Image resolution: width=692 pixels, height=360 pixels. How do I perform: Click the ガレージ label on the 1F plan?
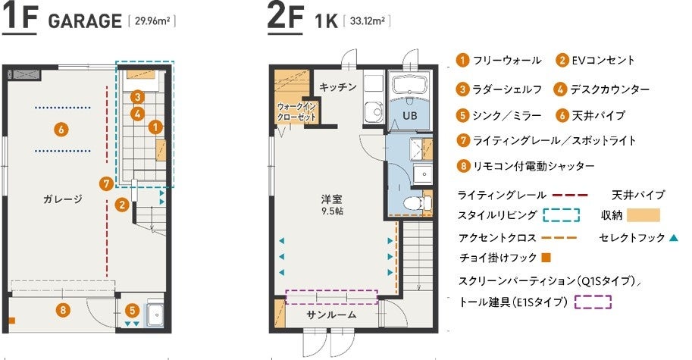tap(63, 199)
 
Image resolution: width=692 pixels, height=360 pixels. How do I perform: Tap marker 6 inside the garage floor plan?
tap(61, 130)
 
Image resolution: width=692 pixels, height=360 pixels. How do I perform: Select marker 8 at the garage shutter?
tap(63, 310)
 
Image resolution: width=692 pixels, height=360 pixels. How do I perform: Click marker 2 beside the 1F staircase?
tap(122, 205)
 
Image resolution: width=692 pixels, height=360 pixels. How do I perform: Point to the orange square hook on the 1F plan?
tap(12, 321)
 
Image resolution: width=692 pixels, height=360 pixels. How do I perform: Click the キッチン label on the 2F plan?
tap(337, 87)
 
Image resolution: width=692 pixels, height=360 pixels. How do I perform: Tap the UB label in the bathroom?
tap(409, 116)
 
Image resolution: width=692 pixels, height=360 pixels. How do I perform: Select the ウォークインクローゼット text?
tap(296, 112)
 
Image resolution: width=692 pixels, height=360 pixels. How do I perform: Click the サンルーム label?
tap(331, 315)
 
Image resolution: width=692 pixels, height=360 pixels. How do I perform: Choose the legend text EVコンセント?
tap(603, 60)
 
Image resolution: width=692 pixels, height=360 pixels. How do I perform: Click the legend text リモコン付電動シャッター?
tap(534, 166)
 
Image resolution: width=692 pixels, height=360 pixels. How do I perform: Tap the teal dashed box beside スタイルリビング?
tap(561, 215)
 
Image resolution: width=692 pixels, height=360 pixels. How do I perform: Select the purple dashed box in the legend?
tap(593, 302)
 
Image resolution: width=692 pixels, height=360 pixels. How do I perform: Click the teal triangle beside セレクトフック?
tap(674, 238)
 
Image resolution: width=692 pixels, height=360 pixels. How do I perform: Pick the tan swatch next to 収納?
tap(643, 215)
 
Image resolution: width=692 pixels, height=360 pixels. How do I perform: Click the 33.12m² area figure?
tap(367, 20)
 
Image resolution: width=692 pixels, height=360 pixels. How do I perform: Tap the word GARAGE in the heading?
tap(85, 21)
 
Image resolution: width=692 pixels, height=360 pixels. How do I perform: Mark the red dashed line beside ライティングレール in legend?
tap(570, 195)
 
